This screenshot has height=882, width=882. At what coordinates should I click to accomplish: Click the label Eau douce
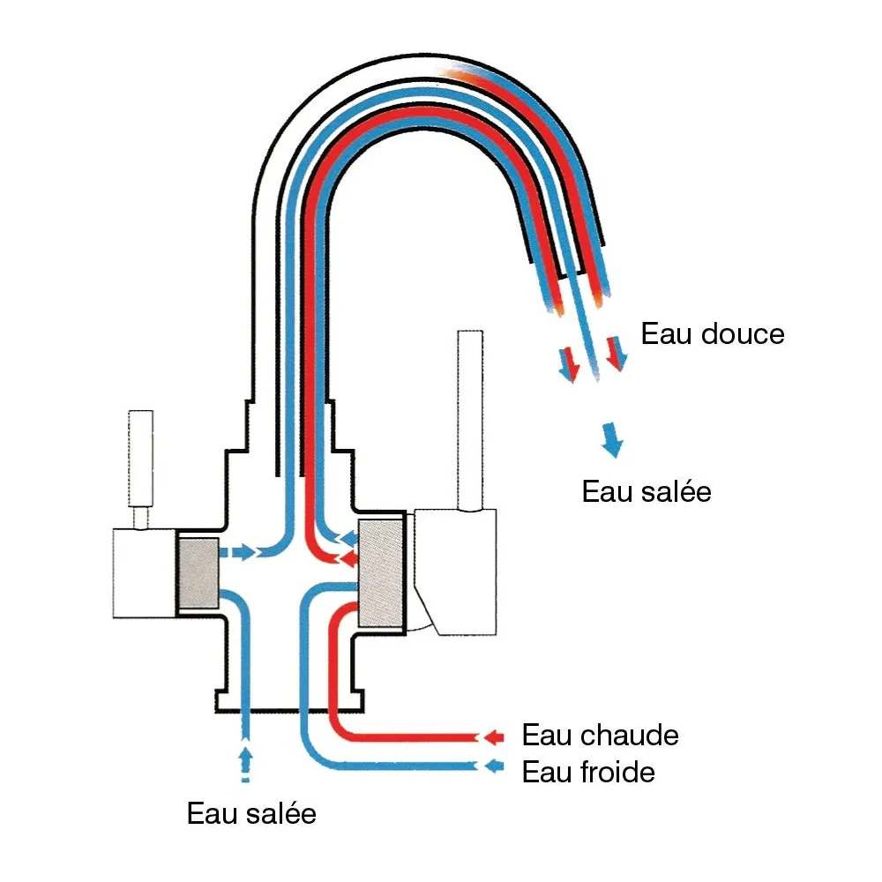712,335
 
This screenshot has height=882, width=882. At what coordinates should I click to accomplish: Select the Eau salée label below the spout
646,491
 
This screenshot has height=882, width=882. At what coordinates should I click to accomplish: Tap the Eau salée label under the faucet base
251,813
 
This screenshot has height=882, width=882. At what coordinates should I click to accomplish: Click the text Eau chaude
600,735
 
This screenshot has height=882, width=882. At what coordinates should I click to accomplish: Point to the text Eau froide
588,773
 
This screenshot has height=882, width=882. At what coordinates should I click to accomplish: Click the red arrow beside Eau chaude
493,736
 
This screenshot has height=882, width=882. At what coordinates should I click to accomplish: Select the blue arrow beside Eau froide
493,766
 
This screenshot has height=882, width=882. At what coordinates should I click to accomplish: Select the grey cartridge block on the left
198,572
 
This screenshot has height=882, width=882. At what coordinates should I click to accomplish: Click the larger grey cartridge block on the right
381,572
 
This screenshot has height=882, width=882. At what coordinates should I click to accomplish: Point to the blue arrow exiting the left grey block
238,553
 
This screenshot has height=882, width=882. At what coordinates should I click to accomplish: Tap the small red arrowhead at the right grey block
348,558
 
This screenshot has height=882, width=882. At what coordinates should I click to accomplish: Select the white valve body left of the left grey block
144,572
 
